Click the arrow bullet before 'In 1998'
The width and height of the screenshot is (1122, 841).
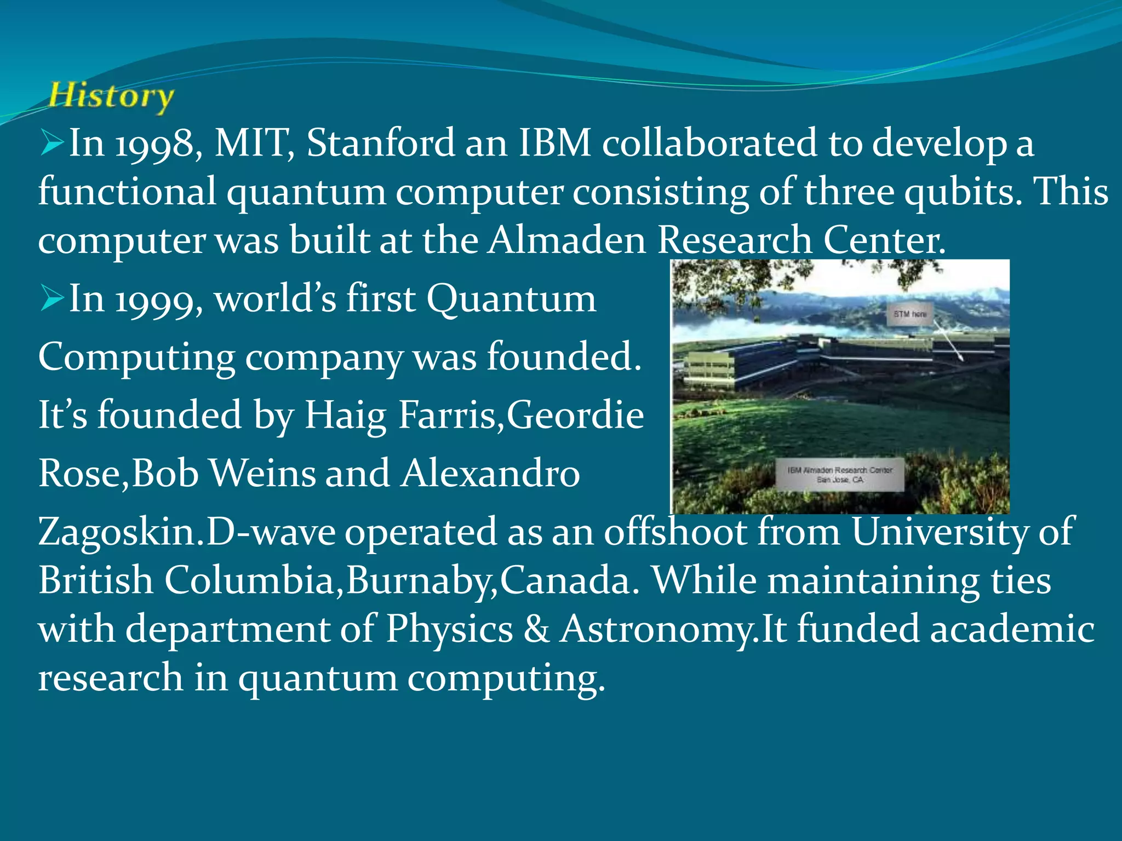point(52,143)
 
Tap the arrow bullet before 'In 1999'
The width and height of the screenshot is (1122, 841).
point(52,299)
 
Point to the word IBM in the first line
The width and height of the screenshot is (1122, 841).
point(554,143)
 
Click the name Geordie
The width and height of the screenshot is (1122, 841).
point(575,415)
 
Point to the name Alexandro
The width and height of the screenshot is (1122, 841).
point(490,473)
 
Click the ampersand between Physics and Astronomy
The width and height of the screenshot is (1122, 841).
point(536,629)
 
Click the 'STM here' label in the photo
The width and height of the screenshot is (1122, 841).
point(910,314)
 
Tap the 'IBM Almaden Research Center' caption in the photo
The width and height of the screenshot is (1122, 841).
point(840,474)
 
